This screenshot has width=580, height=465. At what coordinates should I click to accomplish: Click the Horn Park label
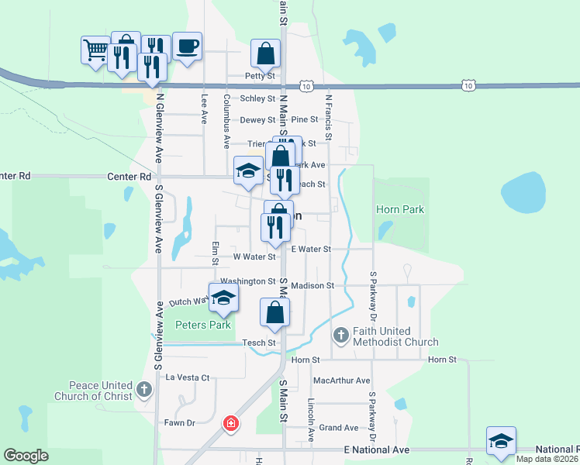pos(399,209)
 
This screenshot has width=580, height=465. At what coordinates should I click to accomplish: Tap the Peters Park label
pos(203,325)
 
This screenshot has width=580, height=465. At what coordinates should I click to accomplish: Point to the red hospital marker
pos(230,423)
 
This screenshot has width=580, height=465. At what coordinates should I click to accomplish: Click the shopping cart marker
pos(95,51)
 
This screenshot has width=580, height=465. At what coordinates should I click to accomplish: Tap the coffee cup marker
pos(187,46)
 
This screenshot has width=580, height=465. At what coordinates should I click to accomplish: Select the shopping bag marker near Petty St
pos(265,53)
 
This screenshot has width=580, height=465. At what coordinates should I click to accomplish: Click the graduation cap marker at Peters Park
pos(223,298)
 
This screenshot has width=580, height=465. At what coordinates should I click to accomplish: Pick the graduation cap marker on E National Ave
pos(501,441)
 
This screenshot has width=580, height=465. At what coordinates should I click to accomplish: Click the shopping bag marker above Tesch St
pos(274,312)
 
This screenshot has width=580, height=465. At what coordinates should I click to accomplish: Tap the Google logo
pos(26,456)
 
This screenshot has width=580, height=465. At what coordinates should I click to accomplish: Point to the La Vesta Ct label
pos(188,377)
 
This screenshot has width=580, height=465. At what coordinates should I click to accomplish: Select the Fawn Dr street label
pos(179,422)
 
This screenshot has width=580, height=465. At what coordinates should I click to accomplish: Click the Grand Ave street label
pos(339,428)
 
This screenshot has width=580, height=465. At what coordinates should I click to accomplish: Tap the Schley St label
pos(257,98)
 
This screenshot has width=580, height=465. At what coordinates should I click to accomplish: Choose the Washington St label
pos(247,281)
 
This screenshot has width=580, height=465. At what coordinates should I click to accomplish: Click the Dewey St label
pos(257,120)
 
